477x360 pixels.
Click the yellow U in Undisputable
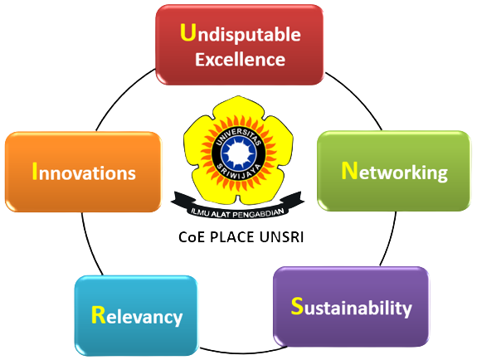(187, 32)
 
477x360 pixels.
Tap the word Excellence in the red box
(240, 60)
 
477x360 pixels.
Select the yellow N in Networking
(349, 171)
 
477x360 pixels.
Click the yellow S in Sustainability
(297, 305)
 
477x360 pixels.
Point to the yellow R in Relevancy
(98, 314)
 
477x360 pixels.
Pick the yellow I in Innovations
(35, 172)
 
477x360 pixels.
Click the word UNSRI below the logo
(281, 237)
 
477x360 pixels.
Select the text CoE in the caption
(192, 237)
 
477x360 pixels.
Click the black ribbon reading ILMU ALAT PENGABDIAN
(237, 207)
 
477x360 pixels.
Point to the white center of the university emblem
(238, 153)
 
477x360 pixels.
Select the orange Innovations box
(83, 172)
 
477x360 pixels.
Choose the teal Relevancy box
(136, 315)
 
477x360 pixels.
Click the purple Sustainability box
(351, 306)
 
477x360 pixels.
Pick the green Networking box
(394, 171)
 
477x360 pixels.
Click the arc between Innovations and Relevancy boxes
(90, 246)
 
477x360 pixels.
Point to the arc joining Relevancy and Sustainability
(242, 353)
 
